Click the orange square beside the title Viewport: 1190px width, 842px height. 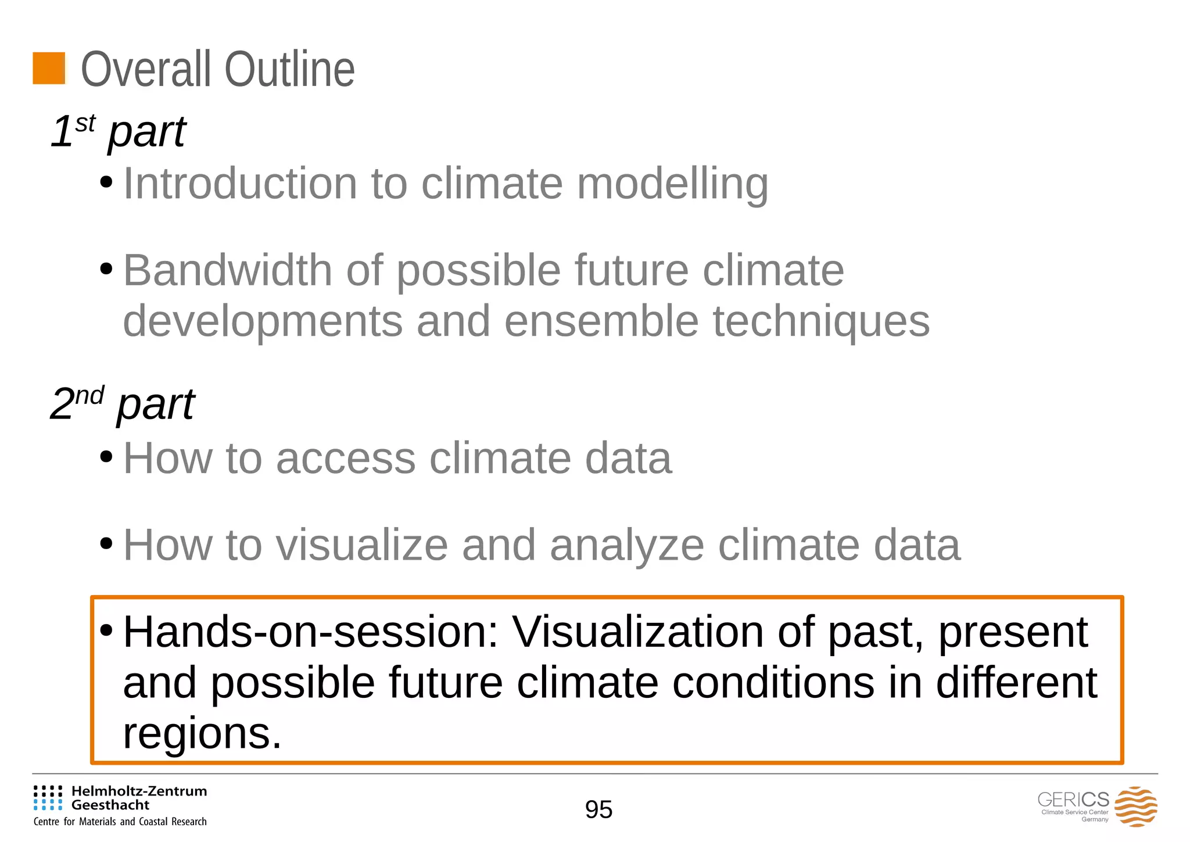click(49, 69)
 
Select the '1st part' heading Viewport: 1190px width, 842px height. click(118, 131)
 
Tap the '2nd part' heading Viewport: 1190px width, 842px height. click(122, 404)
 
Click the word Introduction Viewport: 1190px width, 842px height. click(240, 184)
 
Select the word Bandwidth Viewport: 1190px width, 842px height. click(227, 271)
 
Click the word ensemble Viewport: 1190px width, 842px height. click(601, 321)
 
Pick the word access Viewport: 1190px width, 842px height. click(346, 458)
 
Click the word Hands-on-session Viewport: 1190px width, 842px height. click(310, 632)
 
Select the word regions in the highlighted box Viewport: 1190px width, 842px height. click(202, 734)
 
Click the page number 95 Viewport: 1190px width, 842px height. click(598, 809)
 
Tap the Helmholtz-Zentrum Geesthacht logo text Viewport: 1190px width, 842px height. click(139, 798)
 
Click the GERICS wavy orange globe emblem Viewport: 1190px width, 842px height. click(1135, 807)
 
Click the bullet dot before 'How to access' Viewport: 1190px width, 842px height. click(106, 457)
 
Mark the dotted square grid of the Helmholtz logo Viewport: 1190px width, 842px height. click(48, 798)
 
